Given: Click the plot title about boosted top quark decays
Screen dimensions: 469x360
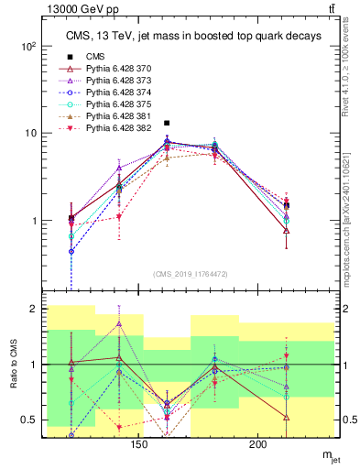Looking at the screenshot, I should pyautogui.click(x=192, y=36).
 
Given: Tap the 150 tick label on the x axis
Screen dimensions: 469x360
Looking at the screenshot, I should pyautogui.click(x=138, y=444).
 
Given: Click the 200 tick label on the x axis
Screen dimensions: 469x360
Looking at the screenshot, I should pyautogui.click(x=258, y=444).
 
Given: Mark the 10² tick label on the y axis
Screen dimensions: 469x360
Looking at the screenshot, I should pyautogui.click(x=27, y=46).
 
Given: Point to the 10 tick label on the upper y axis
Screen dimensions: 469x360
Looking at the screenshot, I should pyautogui.click(x=29, y=133).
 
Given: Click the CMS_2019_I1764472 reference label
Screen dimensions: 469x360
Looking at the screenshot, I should pyautogui.click(x=191, y=274).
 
